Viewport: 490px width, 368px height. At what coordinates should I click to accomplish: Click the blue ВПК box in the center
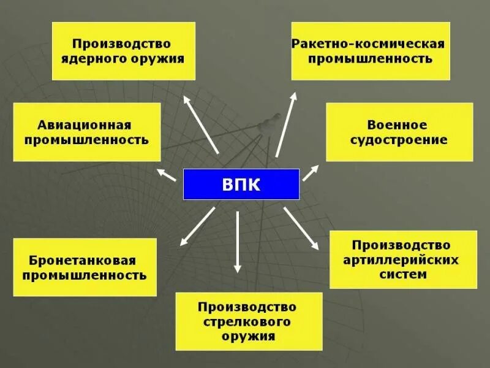point(241,184)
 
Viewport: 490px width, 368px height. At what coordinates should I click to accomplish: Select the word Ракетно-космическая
point(367,44)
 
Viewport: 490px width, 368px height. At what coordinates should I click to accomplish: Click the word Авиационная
point(87,125)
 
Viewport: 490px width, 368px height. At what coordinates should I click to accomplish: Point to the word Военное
point(399,125)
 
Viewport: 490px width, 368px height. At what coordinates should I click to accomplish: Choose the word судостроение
point(399,140)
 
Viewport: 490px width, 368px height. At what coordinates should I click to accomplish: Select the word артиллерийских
point(403,260)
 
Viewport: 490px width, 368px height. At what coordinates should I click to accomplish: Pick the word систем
point(403,275)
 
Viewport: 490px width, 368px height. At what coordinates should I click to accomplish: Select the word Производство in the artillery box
point(403,245)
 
